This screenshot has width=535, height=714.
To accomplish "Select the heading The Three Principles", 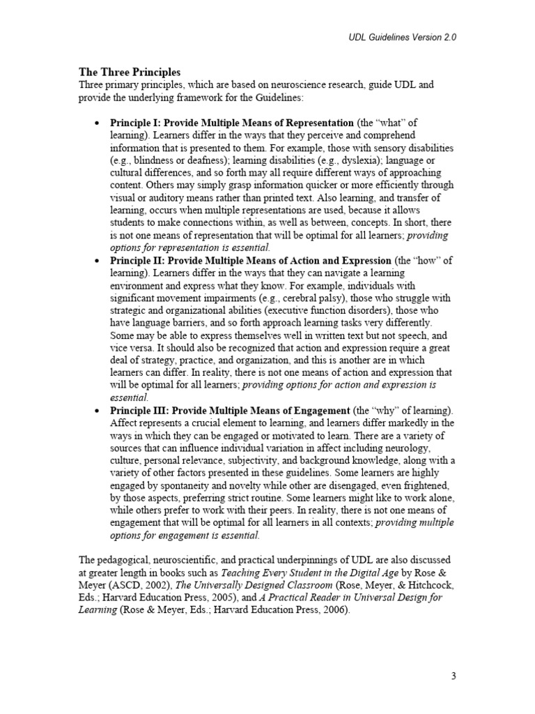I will [x=129, y=72].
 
